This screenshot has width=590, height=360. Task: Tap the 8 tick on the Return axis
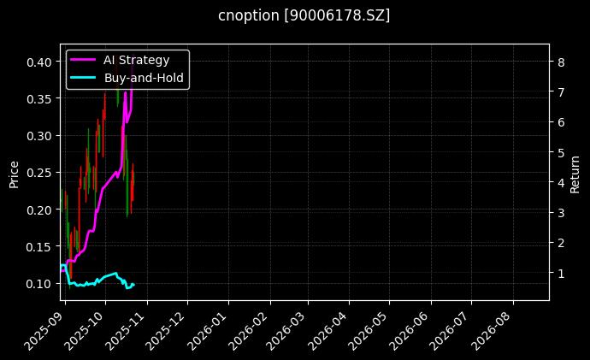tap(558, 62)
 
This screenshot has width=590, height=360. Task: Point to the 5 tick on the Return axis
tap(558, 152)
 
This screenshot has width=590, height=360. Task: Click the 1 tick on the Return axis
tap(558, 274)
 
